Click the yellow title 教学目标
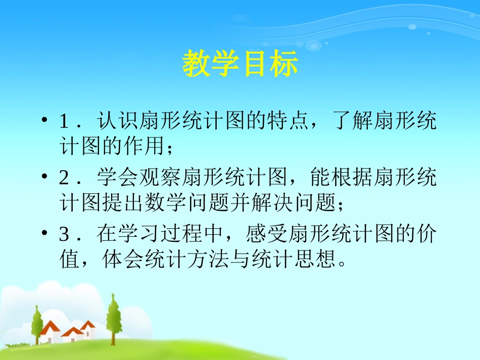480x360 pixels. (240, 64)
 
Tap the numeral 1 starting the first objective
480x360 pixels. (64, 122)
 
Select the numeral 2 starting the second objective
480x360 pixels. (64, 179)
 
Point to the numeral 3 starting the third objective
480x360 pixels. (64, 235)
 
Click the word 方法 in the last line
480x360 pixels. (201, 261)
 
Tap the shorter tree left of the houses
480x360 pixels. (37, 323)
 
